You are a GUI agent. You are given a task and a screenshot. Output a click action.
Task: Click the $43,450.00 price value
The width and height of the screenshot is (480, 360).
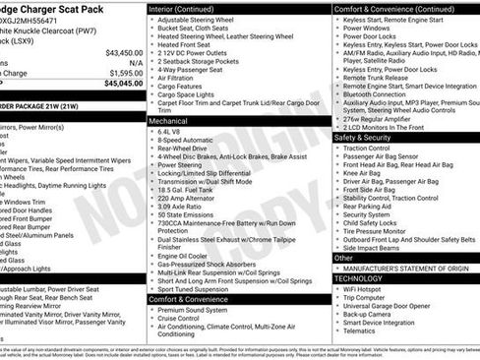[x=123, y=52]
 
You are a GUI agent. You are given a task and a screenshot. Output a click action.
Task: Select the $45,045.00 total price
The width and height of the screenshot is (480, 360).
[x=123, y=84]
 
